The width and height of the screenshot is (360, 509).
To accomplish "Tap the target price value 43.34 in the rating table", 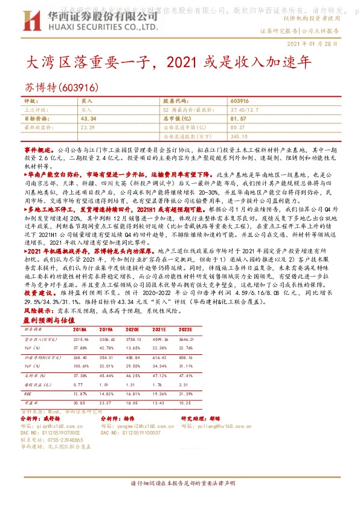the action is [88, 120].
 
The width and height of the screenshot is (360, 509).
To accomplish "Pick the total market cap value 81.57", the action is [239, 120].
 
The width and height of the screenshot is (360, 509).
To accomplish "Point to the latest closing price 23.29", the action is [87, 128].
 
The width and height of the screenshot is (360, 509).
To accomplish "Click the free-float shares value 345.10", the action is [239, 137].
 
